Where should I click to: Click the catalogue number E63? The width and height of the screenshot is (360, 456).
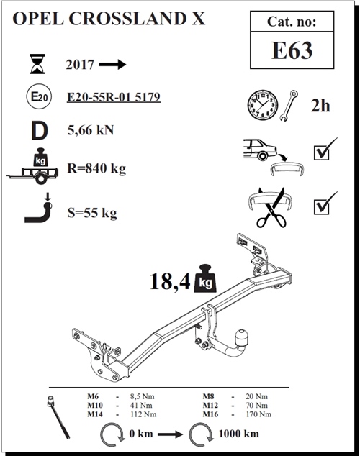[x=292, y=50]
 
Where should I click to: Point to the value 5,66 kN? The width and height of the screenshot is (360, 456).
[x=90, y=130]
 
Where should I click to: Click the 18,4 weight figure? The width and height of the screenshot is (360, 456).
[x=170, y=281]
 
